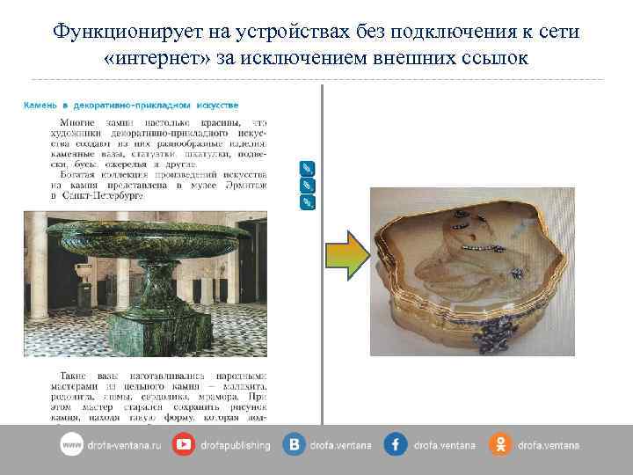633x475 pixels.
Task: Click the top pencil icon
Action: pyautogui.click(x=307, y=169)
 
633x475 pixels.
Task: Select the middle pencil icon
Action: pyautogui.click(x=307, y=186)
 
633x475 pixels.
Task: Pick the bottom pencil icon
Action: pyautogui.click(x=307, y=202)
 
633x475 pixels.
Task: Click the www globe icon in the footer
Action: pyautogui.click(x=71, y=445)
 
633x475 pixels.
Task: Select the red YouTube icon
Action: pyautogui.click(x=184, y=445)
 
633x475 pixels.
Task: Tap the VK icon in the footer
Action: pyautogui.click(x=294, y=445)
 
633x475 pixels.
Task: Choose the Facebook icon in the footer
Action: pyautogui.click(x=396, y=445)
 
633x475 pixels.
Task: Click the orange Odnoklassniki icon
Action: pyautogui.click(x=500, y=445)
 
